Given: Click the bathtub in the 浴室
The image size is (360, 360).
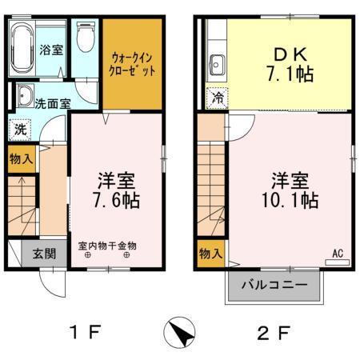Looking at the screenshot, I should tap(23, 49).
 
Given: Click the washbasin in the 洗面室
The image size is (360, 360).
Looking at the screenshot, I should tap(23, 92).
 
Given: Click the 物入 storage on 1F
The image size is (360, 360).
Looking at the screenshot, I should tap(21, 159).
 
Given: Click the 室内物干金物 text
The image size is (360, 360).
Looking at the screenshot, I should tap(107, 246).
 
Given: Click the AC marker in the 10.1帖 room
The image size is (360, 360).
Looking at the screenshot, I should tap(338, 254).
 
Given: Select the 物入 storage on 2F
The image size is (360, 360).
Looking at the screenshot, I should tap(210, 254).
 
